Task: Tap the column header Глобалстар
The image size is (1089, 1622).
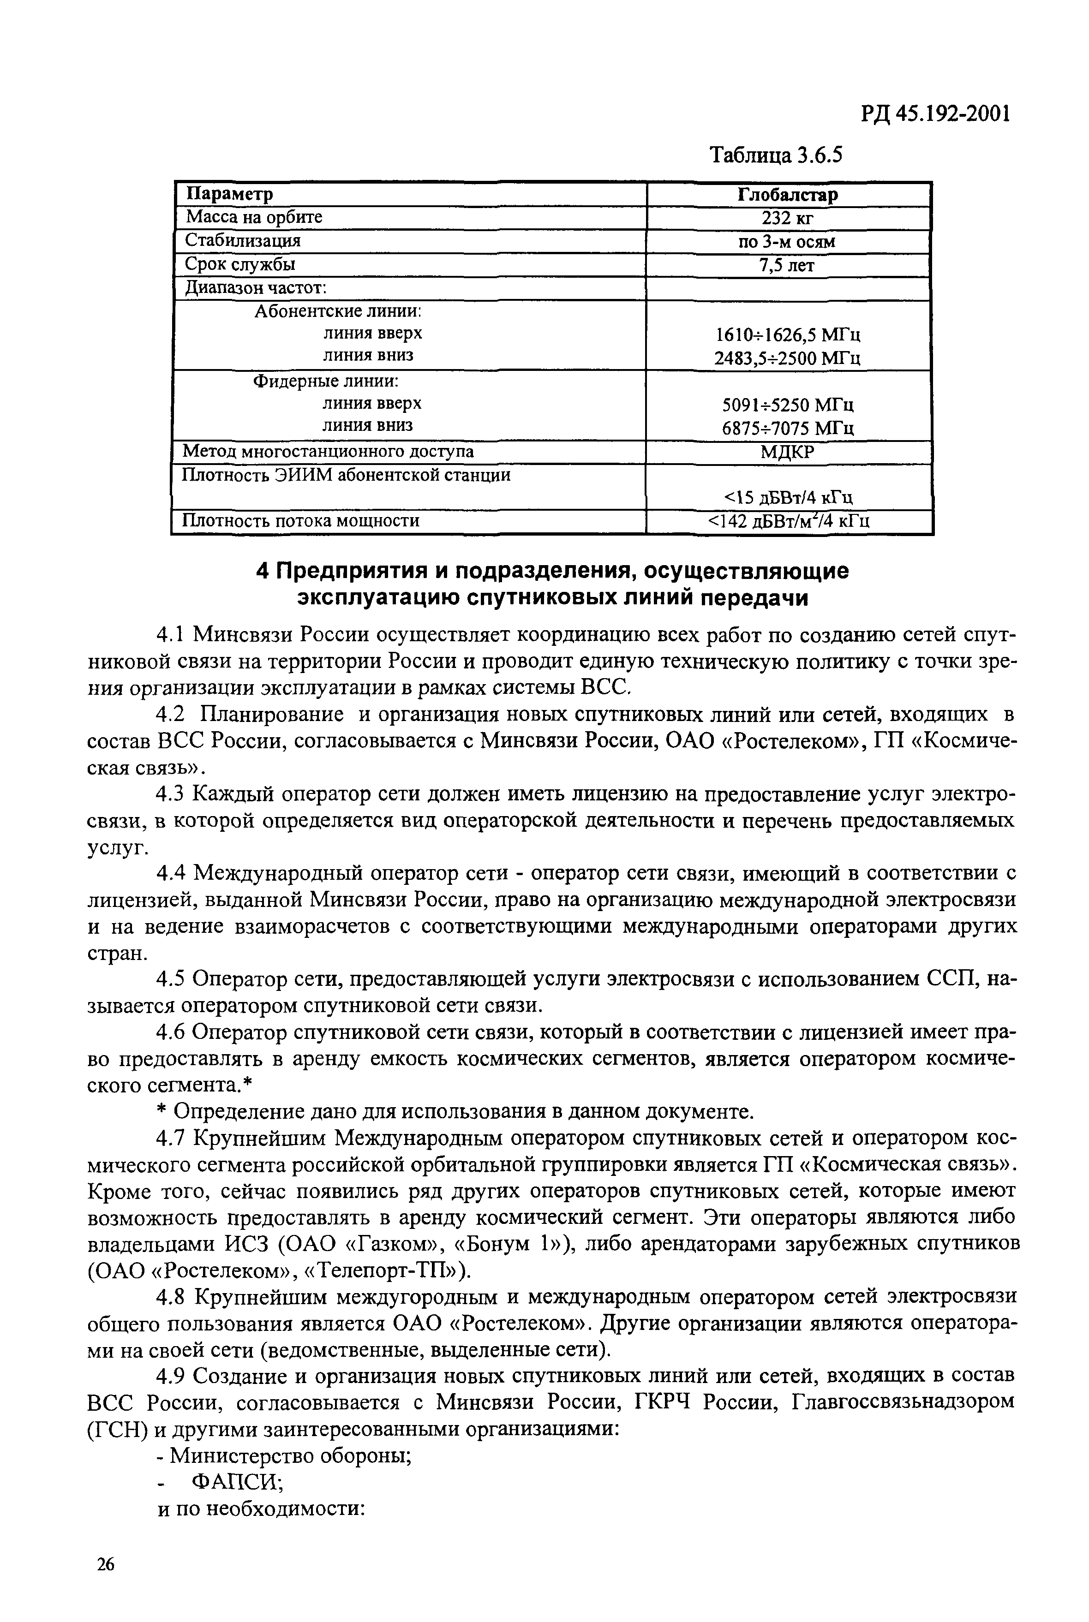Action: click(788, 194)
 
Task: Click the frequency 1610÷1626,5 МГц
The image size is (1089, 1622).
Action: click(788, 335)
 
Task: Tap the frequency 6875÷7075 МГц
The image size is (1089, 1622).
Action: click(788, 429)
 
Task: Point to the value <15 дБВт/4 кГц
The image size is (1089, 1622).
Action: click(788, 497)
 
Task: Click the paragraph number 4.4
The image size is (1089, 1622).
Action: click(172, 872)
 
